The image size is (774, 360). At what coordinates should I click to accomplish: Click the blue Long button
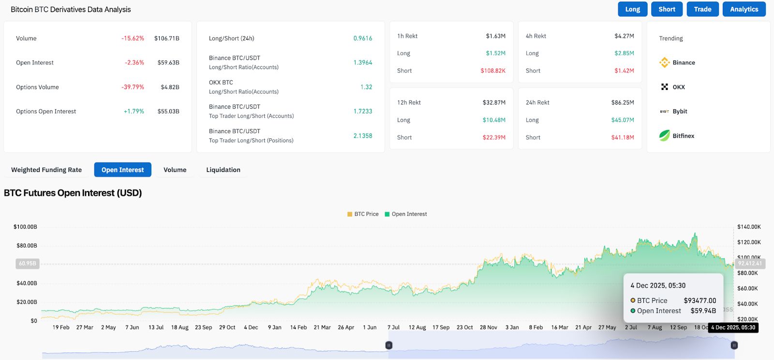[x=632, y=9]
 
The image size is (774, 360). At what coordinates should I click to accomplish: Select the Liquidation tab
[x=223, y=170]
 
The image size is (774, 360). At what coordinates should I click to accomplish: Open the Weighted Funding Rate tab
[x=46, y=170]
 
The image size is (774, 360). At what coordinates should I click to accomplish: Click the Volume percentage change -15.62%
[x=133, y=38]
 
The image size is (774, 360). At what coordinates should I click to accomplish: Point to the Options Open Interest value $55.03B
[x=168, y=111]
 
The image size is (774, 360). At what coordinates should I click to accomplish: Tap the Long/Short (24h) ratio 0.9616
[x=362, y=38]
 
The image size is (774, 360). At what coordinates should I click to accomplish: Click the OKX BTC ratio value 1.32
[x=366, y=87]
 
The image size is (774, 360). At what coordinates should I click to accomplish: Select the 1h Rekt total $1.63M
[x=495, y=36]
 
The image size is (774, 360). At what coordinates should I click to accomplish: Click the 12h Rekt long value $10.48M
[x=493, y=120]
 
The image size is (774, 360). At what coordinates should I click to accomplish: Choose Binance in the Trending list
[x=683, y=62]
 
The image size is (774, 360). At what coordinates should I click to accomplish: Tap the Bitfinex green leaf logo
[x=665, y=135]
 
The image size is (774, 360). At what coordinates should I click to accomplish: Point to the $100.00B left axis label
[x=25, y=226]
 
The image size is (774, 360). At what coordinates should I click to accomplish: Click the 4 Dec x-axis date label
[x=251, y=328]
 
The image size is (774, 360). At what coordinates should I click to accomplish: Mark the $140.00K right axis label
[x=749, y=226]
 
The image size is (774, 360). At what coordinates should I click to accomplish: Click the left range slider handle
[x=388, y=345]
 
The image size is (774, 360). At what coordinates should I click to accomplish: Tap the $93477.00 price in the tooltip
[x=700, y=300]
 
